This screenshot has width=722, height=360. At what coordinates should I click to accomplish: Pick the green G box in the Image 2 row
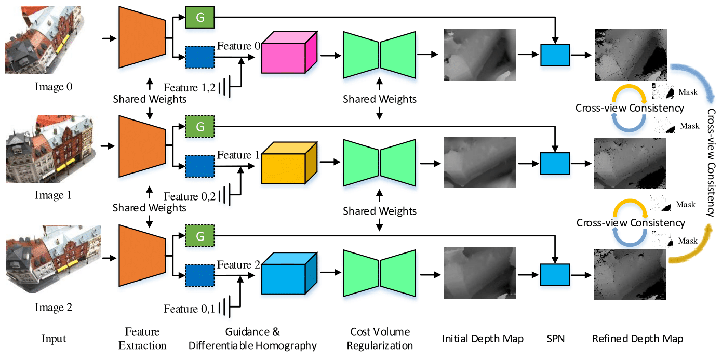click(x=200, y=236)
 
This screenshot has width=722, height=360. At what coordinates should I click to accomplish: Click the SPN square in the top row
click(x=555, y=55)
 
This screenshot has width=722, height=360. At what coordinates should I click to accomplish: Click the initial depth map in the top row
click(x=479, y=55)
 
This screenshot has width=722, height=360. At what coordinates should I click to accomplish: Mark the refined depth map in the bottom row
click(x=630, y=275)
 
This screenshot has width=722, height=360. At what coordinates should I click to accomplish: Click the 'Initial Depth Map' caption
click(x=483, y=339)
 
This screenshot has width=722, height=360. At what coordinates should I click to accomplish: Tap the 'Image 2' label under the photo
click(x=54, y=308)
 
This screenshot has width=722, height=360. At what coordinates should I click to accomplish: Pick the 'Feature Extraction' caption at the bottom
click(x=142, y=338)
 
